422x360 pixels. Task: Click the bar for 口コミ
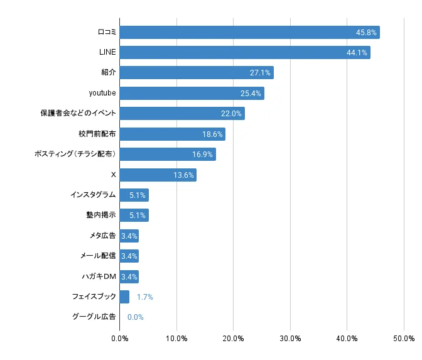point(249,32)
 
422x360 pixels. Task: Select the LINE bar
point(244,53)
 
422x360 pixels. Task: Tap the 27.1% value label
point(260,73)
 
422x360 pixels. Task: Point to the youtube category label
point(102,93)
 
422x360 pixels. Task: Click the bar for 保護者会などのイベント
point(181,114)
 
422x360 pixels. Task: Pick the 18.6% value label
point(212,134)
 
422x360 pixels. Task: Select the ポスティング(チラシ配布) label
point(75,154)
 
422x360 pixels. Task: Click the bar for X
point(158,175)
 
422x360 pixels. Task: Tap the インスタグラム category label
point(93,195)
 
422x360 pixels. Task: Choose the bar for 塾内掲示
point(134,215)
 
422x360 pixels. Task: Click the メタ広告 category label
point(102,236)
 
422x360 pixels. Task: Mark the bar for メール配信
point(129,256)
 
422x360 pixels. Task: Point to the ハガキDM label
point(99,276)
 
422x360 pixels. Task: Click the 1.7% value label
point(145,297)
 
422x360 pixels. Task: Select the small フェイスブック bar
point(124,297)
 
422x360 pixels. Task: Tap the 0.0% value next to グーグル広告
point(136,317)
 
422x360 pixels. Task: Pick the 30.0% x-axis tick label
point(290,339)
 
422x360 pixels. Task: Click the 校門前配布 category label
point(97,134)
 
